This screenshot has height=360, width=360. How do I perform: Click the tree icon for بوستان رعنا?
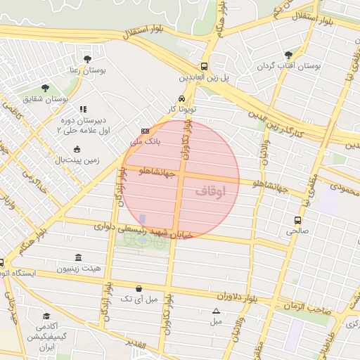[87, 59]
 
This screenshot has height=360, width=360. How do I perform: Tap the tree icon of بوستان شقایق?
[45, 88]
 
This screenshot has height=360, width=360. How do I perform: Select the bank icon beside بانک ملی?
[145, 131]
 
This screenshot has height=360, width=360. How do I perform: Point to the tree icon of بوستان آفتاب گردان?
[288, 54]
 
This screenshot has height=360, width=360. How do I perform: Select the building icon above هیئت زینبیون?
[77, 257]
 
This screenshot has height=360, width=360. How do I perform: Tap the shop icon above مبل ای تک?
[139, 288]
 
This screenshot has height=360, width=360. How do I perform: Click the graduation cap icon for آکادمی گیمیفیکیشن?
[46, 316]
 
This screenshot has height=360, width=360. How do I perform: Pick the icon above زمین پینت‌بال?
[77, 149]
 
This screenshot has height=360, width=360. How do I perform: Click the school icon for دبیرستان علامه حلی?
[82, 109]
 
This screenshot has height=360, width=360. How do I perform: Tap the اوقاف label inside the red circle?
[211, 191]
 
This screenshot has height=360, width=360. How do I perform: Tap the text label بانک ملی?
[148, 141]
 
